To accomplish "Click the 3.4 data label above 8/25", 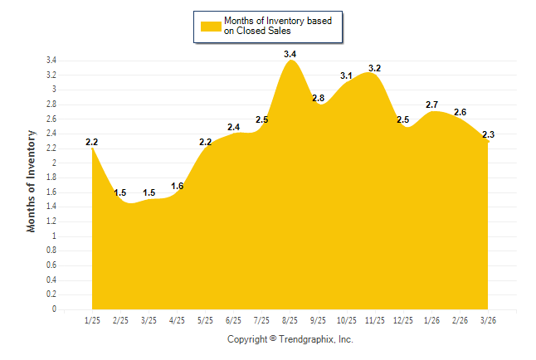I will tap(290, 54).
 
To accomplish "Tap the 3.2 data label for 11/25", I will tap(374, 68).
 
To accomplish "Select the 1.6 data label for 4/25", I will tap(177, 186).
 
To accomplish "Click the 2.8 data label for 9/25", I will tap(318, 98).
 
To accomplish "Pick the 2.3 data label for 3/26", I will tap(488, 134).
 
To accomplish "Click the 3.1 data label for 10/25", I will tap(346, 75).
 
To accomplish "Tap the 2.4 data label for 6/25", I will tap(233, 127).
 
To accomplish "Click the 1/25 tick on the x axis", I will tap(92, 320).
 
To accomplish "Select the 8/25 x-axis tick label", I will tap(290, 320).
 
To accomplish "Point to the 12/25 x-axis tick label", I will tap(402, 320).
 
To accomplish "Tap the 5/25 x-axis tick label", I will tap(205, 320).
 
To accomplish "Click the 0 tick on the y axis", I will tap(54, 309).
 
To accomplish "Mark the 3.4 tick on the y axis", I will tap(51, 61).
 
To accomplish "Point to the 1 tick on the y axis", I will tap(54, 236).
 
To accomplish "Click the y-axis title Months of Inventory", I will tap(32, 181).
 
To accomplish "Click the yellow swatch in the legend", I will tap(211, 26).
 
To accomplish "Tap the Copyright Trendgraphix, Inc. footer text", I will tap(290, 339).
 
